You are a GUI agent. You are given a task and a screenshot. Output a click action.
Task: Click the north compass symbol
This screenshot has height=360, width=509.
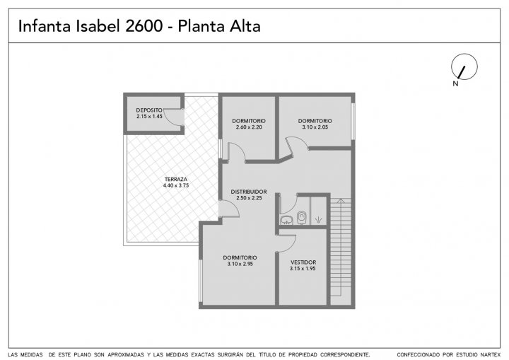coord(464,66)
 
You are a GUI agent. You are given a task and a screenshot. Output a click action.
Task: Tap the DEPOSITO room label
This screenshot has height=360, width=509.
coord(149,110)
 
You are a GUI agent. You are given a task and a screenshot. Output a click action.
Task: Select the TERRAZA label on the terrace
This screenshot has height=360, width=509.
coord(175,180)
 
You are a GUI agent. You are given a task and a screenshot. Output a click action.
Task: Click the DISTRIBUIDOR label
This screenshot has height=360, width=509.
coord(249,192)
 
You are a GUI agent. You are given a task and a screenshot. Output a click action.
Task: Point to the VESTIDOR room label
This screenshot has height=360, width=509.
coord(303,262)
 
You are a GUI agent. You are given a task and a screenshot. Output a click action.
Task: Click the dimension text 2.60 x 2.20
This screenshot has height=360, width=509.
coord(249,127)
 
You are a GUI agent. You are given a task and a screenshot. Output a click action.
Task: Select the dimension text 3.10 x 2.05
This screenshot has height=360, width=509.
coord(315,127)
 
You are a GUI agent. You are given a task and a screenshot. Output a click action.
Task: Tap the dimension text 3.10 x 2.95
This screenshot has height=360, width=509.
coord(240,264)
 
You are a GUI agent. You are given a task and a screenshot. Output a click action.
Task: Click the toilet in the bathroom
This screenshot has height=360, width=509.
coord(302,217)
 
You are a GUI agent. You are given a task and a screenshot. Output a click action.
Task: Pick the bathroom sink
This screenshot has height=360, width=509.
coord(286,220)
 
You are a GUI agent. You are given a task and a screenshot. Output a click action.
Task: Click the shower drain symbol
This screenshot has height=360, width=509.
coord(318,220)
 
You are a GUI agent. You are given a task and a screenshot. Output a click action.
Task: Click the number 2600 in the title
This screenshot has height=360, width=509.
coord(144,26)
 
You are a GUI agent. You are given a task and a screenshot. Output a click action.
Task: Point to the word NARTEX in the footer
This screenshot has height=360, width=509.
coord(489,354)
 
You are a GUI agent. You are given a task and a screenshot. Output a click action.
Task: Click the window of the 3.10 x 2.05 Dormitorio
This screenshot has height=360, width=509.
coord(353,121)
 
